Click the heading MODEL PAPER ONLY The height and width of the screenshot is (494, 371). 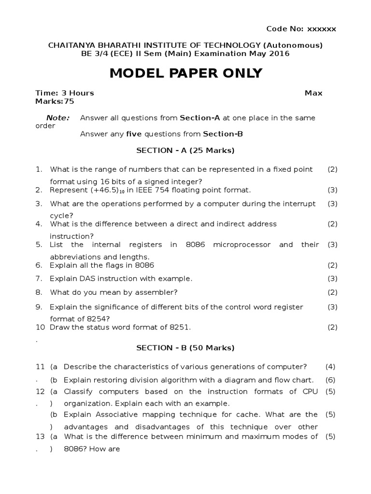186,73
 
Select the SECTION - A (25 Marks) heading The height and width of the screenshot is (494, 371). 185,151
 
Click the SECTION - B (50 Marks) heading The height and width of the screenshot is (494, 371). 185,347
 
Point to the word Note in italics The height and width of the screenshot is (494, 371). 57,118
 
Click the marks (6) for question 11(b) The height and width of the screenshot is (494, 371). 330,380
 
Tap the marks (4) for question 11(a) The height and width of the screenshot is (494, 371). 330,366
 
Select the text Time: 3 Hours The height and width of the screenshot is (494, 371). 65,93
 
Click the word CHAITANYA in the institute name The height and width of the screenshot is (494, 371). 68,45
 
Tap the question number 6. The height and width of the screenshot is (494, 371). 38,265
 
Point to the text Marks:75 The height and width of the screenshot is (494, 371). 55,101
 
